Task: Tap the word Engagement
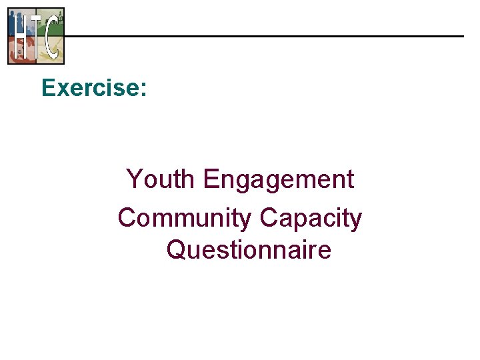click(x=279, y=180)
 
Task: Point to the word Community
click(x=185, y=218)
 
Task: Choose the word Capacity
click(x=311, y=219)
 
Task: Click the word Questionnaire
click(x=249, y=250)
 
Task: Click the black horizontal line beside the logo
click(x=267, y=36)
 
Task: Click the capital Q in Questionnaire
click(x=177, y=250)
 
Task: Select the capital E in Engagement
click(x=212, y=179)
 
